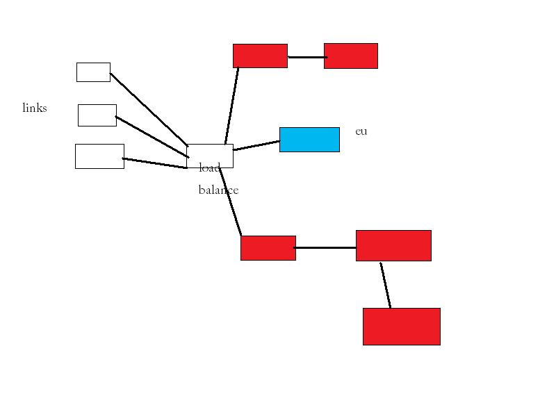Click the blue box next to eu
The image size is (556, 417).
(x=309, y=139)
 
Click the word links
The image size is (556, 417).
(x=35, y=108)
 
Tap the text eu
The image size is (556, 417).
(x=361, y=131)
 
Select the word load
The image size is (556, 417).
(x=209, y=167)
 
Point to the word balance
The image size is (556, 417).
(x=218, y=190)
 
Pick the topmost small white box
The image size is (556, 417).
(x=93, y=72)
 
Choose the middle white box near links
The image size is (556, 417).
(x=97, y=115)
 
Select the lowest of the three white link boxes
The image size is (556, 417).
(x=99, y=156)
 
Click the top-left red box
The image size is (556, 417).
(x=260, y=56)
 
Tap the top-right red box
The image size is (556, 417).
(x=351, y=56)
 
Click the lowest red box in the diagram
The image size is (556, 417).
(x=402, y=326)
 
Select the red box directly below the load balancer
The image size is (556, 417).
(x=268, y=248)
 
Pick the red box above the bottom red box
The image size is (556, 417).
(x=393, y=245)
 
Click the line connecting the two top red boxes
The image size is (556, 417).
(x=306, y=57)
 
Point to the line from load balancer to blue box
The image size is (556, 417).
(x=256, y=145)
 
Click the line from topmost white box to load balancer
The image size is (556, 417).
(x=148, y=108)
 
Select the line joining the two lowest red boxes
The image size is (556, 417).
(x=385, y=285)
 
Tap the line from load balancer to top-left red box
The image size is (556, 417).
(x=231, y=106)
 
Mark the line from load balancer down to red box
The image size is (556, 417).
(x=231, y=202)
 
